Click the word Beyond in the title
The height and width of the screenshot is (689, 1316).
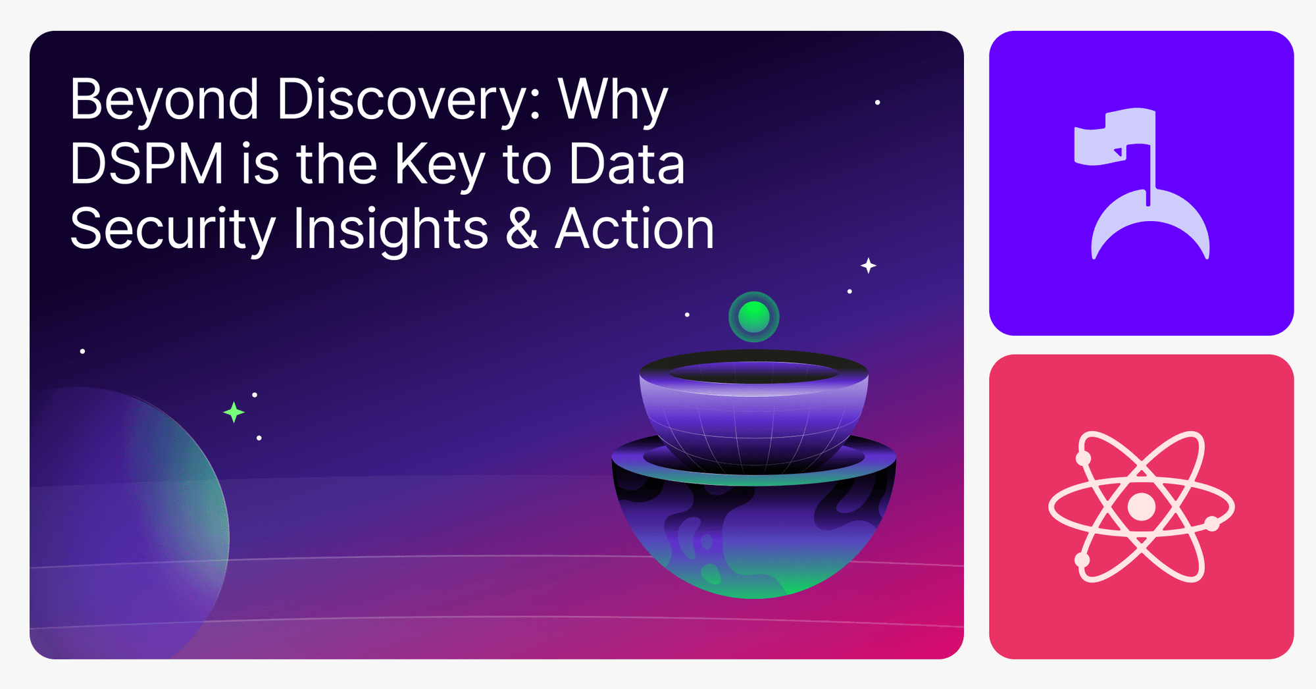(x=164, y=101)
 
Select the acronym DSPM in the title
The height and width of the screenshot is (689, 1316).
(x=146, y=165)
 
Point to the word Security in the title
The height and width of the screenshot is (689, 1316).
(x=172, y=230)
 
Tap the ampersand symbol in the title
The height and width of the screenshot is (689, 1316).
(x=522, y=229)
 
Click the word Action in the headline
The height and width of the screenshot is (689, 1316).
(x=634, y=229)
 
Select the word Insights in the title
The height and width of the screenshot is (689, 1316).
(x=391, y=230)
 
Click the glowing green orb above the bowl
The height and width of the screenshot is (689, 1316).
(x=753, y=317)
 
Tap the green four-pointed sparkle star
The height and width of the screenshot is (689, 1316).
(x=234, y=413)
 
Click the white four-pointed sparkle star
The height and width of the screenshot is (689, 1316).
(x=869, y=266)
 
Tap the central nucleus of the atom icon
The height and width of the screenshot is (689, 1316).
(x=1141, y=507)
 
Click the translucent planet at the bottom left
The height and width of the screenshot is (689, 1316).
(x=125, y=526)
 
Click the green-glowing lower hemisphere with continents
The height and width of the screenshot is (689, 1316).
(x=753, y=546)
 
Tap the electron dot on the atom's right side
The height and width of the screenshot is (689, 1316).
(x=1211, y=524)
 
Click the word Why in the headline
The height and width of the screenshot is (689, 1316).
(x=613, y=101)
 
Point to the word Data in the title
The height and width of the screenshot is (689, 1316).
(x=626, y=165)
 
